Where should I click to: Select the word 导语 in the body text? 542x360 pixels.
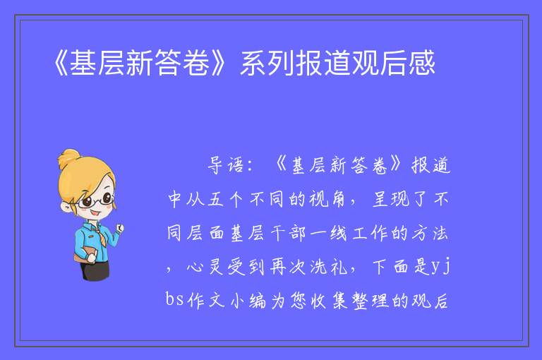click(226, 165)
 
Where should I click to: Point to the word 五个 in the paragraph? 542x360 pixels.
click(225, 199)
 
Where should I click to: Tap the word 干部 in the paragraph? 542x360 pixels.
click(288, 233)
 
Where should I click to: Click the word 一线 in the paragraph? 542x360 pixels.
click(328, 233)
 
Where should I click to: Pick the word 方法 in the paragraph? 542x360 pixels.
click(430, 233)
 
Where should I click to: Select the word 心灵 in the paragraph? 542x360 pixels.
click(205, 267)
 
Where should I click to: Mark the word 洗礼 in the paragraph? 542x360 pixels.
click(328, 267)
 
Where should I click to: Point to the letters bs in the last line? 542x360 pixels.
click(174, 299)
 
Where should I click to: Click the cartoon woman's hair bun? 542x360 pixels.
click(68, 158)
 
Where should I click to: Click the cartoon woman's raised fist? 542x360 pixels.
click(119, 228)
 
